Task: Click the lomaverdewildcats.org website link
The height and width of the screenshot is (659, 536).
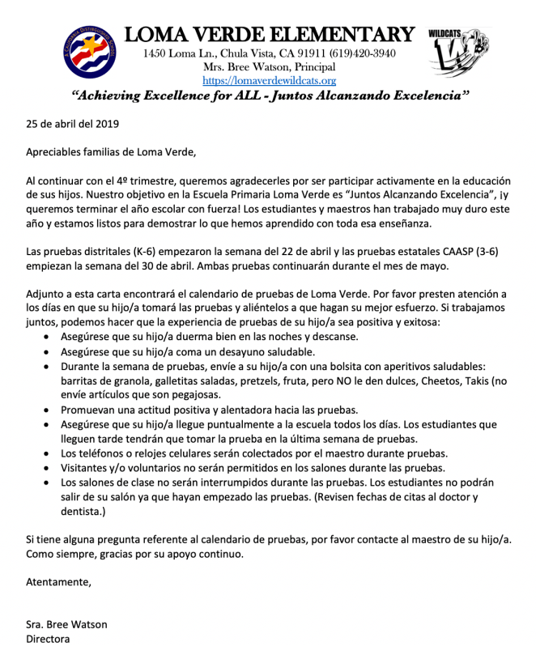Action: point(268,81)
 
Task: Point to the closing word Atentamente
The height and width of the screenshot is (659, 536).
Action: point(58,581)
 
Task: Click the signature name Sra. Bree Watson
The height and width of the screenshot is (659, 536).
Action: point(66,624)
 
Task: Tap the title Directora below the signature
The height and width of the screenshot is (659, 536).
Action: point(48,639)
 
